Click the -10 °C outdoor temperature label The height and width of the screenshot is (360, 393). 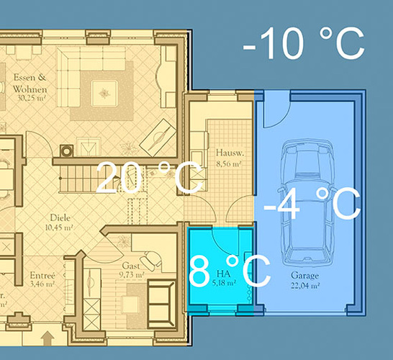pos(304,44)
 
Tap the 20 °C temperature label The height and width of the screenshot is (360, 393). pos(148,178)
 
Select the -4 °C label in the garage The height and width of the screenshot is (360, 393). pos(311,202)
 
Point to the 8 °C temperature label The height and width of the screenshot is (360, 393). pos(229,271)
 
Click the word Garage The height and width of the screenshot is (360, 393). pos(305,276)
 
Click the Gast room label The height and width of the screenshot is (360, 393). pos(131,266)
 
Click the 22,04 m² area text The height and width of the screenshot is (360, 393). pos(305,286)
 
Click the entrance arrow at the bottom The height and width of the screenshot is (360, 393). pos(48,336)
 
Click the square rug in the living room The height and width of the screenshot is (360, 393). pos(107,91)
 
